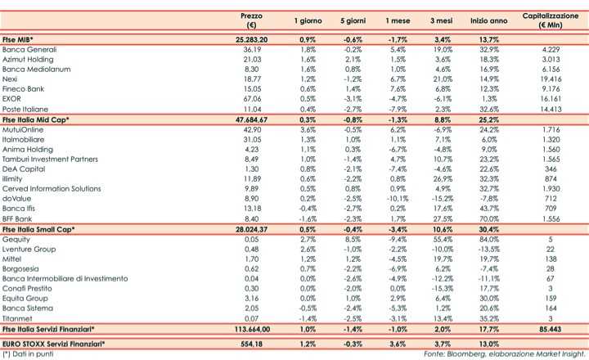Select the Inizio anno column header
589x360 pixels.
click(489, 20)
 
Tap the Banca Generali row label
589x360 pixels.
click(30, 50)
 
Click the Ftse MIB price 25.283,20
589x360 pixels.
click(251, 39)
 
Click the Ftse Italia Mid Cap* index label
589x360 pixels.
click(37, 120)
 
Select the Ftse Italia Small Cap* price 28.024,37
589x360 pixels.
click(251, 231)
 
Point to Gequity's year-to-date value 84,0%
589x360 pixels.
click(490, 241)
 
